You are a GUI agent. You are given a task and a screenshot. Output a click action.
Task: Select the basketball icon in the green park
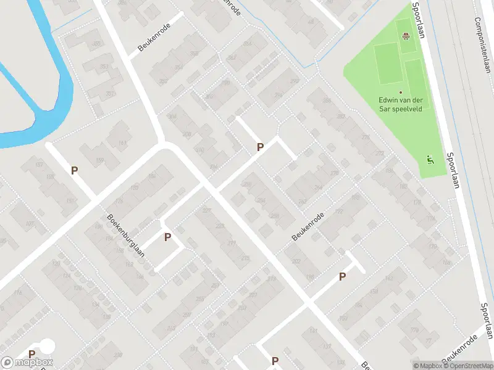[x=406, y=36]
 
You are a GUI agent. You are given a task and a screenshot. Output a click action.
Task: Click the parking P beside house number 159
[x=75, y=171]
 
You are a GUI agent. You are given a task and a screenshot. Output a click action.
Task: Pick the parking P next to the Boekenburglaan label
[x=167, y=237]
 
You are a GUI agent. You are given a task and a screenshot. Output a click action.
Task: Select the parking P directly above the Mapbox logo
[x=31, y=354]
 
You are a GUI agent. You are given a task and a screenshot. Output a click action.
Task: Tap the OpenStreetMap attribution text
[x=467, y=366]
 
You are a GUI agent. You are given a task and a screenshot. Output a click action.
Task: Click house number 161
[x=122, y=144]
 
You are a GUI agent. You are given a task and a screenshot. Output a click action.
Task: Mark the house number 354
[x=179, y=67]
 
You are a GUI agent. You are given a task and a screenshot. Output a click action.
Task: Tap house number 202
[x=296, y=261]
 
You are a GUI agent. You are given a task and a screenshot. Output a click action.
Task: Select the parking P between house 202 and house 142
[x=342, y=277]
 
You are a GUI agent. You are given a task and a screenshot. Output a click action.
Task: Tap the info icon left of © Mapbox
[x=416, y=366]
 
